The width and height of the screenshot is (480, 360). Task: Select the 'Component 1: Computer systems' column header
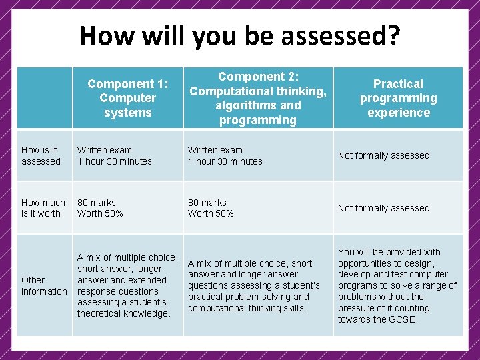click(127, 98)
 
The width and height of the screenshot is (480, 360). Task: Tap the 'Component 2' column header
click(258, 98)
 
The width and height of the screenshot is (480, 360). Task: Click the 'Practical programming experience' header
click(398, 98)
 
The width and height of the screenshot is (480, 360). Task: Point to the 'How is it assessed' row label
click(41, 155)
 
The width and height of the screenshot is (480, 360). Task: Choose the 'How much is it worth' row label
click(43, 208)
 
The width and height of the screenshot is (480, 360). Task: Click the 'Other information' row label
click(44, 285)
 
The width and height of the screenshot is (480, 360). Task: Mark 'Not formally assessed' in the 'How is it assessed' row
click(383, 155)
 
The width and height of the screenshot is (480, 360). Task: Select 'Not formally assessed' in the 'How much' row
click(383, 208)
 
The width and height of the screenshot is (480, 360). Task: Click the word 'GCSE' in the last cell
click(402, 319)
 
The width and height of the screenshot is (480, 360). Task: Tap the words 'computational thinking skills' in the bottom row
click(247, 308)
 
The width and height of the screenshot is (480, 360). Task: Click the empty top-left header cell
click(44, 98)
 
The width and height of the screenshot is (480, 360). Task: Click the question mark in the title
click(393, 35)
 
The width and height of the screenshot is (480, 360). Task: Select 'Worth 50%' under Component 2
click(211, 213)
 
